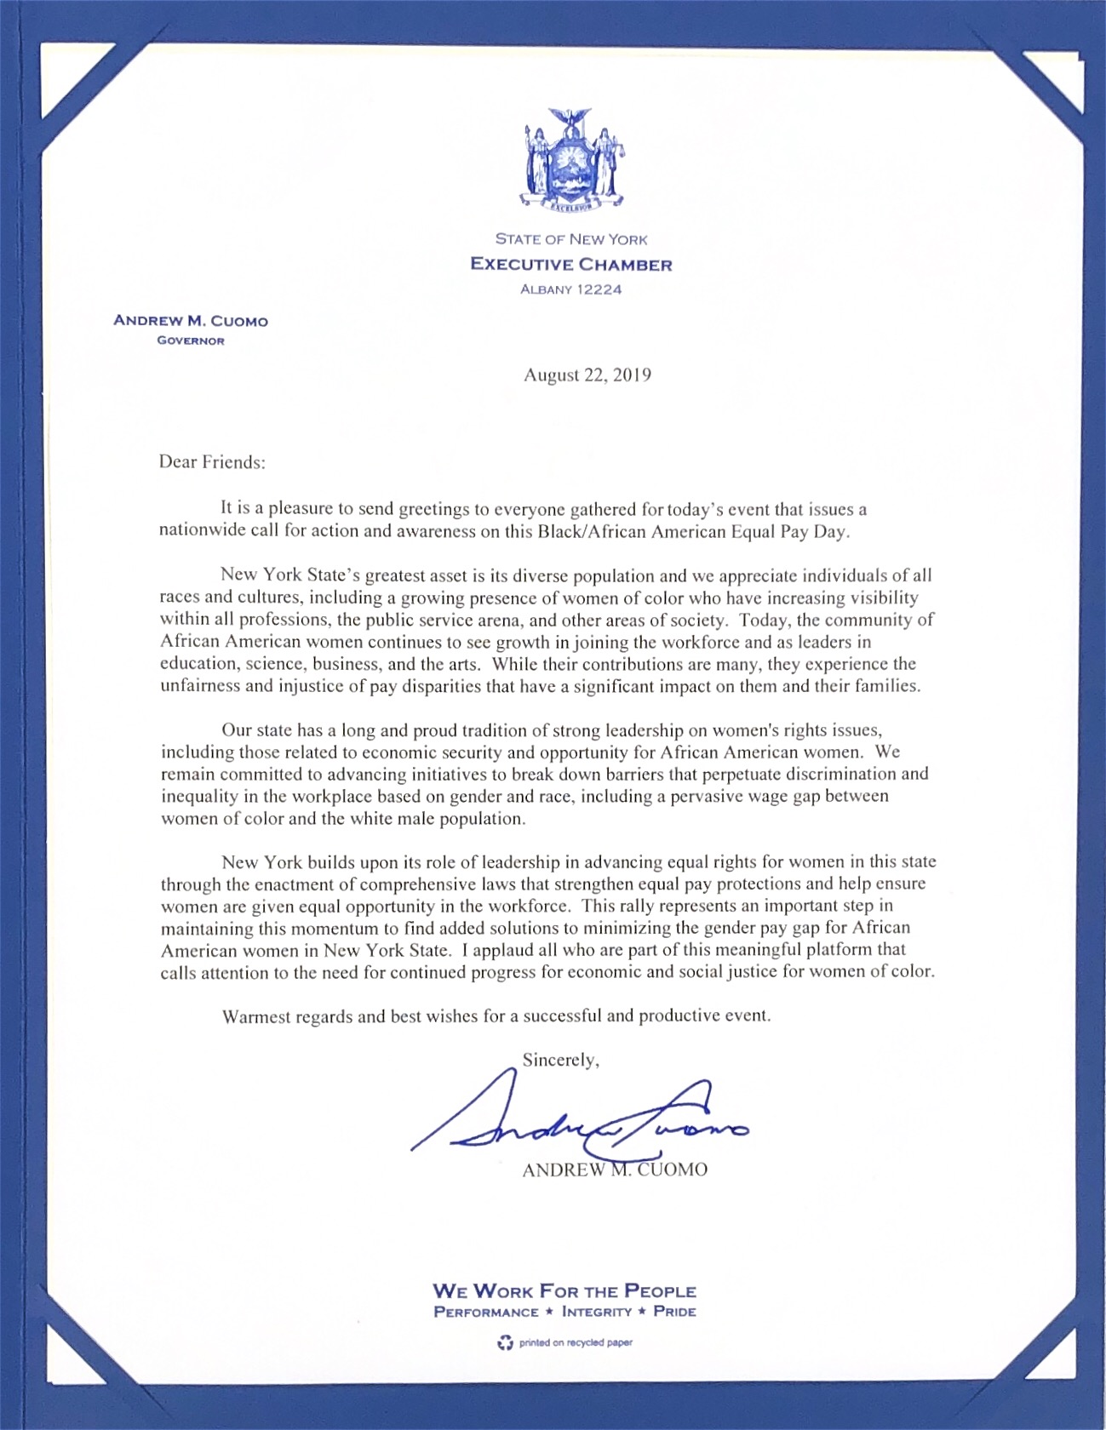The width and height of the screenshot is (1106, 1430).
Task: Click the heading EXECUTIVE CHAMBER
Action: [x=571, y=265]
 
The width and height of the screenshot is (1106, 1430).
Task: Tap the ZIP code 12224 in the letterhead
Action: [x=599, y=289]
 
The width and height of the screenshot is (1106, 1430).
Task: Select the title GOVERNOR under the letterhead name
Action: [x=191, y=341]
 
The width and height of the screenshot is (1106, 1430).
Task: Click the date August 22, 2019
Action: [x=587, y=375]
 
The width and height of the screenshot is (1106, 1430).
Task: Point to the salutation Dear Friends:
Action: [x=212, y=463]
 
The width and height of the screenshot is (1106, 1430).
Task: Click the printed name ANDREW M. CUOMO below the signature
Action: [x=614, y=1170]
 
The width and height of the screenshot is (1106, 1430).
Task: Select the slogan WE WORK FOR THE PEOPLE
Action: [x=564, y=1291]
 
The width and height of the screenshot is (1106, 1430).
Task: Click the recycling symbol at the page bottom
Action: [x=506, y=1343]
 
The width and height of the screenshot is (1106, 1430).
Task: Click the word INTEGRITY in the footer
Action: [x=597, y=1313]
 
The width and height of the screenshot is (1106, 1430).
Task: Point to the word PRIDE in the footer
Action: [x=674, y=1312]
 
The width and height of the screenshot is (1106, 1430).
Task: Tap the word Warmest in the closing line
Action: [x=256, y=1016]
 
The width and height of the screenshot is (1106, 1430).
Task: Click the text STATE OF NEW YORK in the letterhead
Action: [x=571, y=240]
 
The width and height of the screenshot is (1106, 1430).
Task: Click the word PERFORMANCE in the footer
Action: [x=486, y=1313]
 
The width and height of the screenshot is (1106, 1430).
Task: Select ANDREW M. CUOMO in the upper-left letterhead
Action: [x=191, y=322]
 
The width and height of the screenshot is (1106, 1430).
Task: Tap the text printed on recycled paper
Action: [x=576, y=1343]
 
